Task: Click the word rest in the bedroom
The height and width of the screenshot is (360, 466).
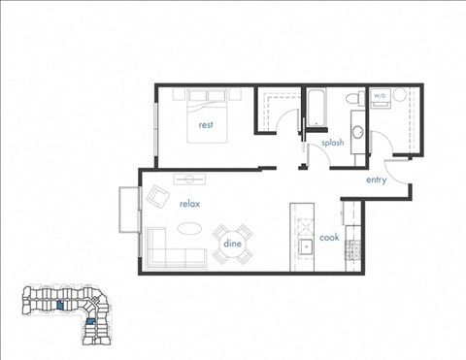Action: click(x=206, y=125)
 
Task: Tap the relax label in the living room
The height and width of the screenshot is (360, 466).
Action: click(x=188, y=204)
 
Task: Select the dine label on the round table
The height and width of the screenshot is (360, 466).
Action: click(x=233, y=244)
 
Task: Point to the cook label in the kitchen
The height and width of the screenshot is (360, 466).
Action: click(x=329, y=237)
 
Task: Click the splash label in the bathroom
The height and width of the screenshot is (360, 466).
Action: click(x=334, y=143)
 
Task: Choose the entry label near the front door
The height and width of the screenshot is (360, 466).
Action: click(x=378, y=180)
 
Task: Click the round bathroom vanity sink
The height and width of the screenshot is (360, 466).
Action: click(x=356, y=131)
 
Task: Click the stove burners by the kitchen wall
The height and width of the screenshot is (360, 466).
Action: click(x=353, y=248)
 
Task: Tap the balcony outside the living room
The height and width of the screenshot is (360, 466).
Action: click(x=128, y=209)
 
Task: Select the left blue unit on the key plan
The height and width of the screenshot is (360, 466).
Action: click(x=60, y=305)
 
